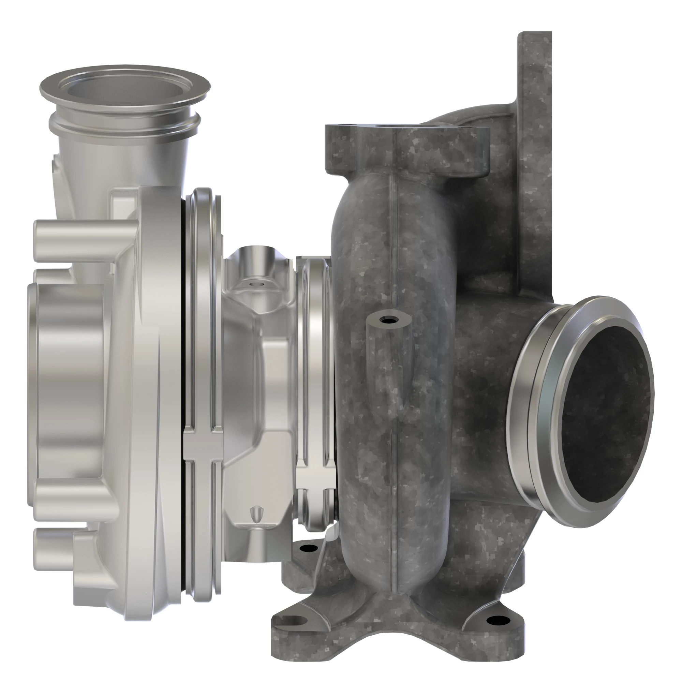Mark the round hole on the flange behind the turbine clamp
pyautogui.click(x=308, y=548)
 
